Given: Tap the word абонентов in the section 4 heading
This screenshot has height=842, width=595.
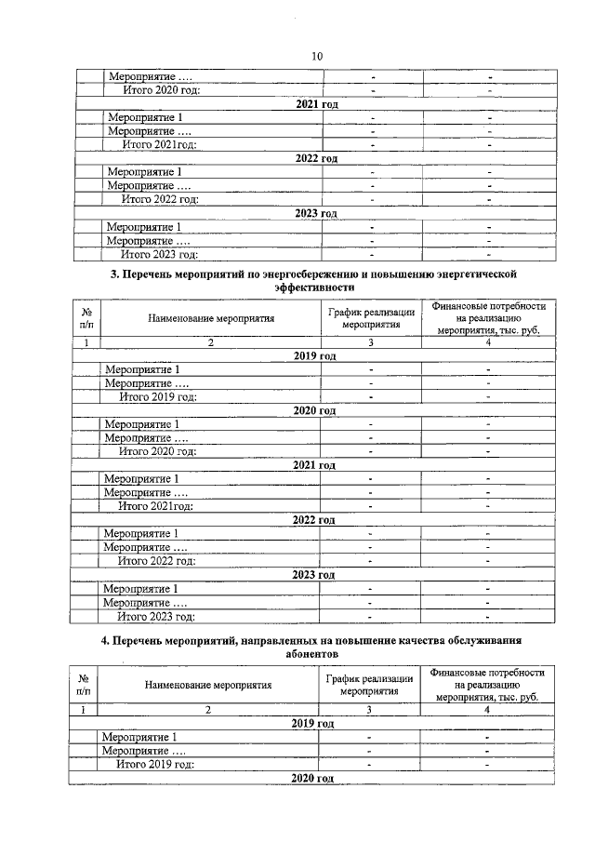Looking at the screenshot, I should pos(311,654).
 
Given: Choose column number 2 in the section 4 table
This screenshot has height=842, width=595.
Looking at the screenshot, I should pos(208,710).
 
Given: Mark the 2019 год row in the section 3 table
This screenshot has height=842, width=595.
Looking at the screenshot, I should pos(313,356).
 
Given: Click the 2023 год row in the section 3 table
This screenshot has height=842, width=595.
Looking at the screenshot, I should pos(313,575).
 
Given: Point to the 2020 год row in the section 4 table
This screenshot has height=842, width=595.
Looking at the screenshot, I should pos(312,778).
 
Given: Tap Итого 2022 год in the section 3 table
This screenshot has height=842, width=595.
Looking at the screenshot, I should pos(156,561).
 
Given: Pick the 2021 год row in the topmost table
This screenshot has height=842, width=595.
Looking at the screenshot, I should pos(315,104).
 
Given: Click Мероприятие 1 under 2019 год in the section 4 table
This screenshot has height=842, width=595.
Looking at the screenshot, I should pos(139,738).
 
